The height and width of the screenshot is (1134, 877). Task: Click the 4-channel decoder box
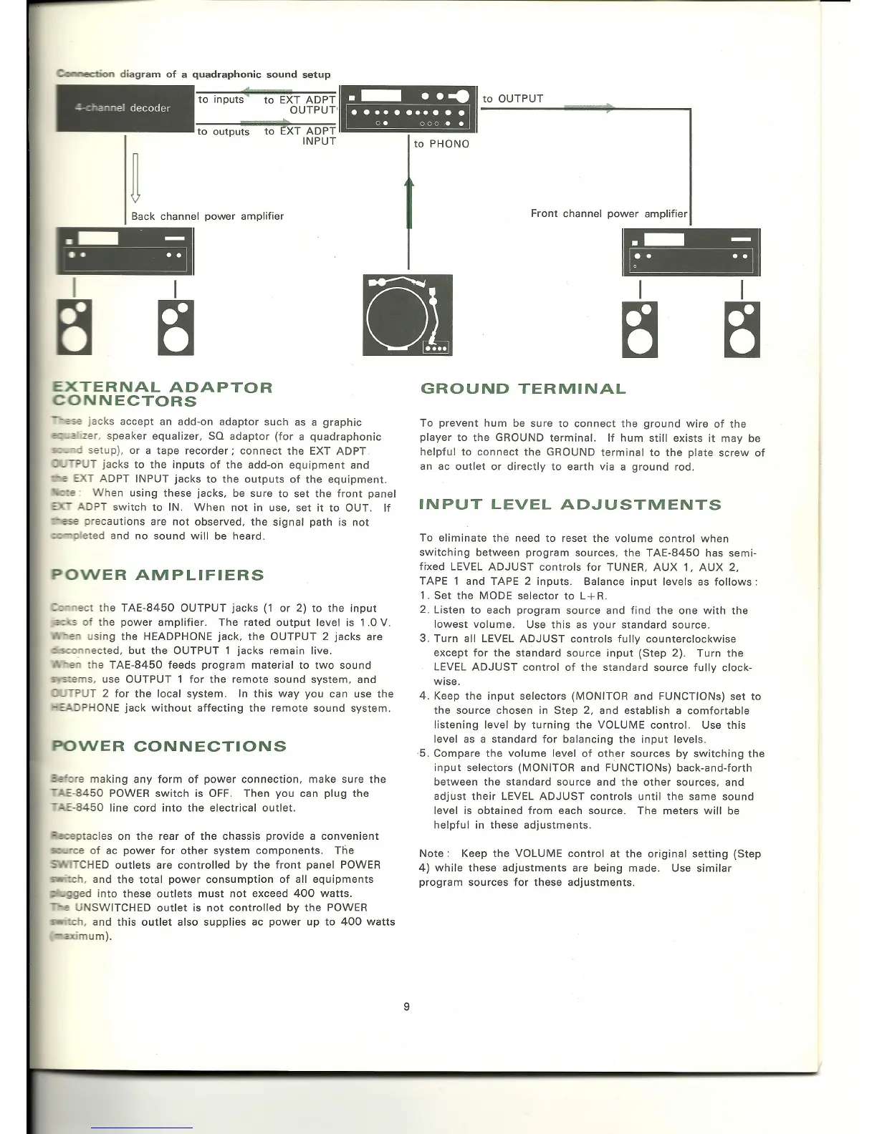click(x=123, y=109)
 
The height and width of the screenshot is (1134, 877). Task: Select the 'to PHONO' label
click(x=441, y=144)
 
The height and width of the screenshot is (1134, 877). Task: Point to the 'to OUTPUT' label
click(x=513, y=99)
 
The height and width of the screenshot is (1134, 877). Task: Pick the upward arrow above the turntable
click(x=409, y=203)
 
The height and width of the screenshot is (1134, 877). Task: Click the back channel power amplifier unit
click(x=125, y=251)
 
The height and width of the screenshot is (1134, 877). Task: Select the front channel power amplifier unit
click(x=691, y=252)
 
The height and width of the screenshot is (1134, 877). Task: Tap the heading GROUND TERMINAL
click(x=522, y=389)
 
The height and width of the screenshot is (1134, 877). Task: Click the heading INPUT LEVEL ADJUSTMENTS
click(x=570, y=505)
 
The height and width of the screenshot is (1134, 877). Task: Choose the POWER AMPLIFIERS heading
click(x=158, y=575)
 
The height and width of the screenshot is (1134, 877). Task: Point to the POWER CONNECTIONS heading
click(x=169, y=746)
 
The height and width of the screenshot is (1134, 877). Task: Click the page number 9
click(x=406, y=1007)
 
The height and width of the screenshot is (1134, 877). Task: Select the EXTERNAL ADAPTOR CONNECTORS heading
click(x=163, y=394)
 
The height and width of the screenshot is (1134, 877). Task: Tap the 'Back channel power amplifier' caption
click(x=207, y=216)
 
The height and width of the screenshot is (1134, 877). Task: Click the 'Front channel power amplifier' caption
click(x=608, y=213)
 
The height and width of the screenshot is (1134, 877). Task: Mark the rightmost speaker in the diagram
click(x=742, y=329)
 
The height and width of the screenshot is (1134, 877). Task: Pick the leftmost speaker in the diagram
click(x=74, y=329)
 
